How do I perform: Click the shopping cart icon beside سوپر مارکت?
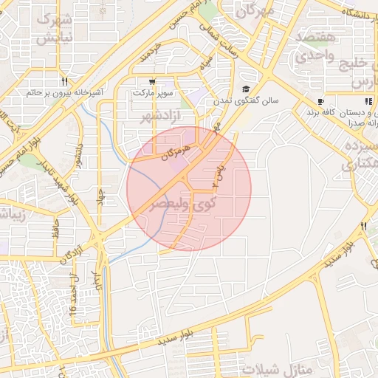pos(152,82)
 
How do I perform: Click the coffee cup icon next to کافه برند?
pos(320,101)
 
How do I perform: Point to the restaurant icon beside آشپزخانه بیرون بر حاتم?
pos(66,82)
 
